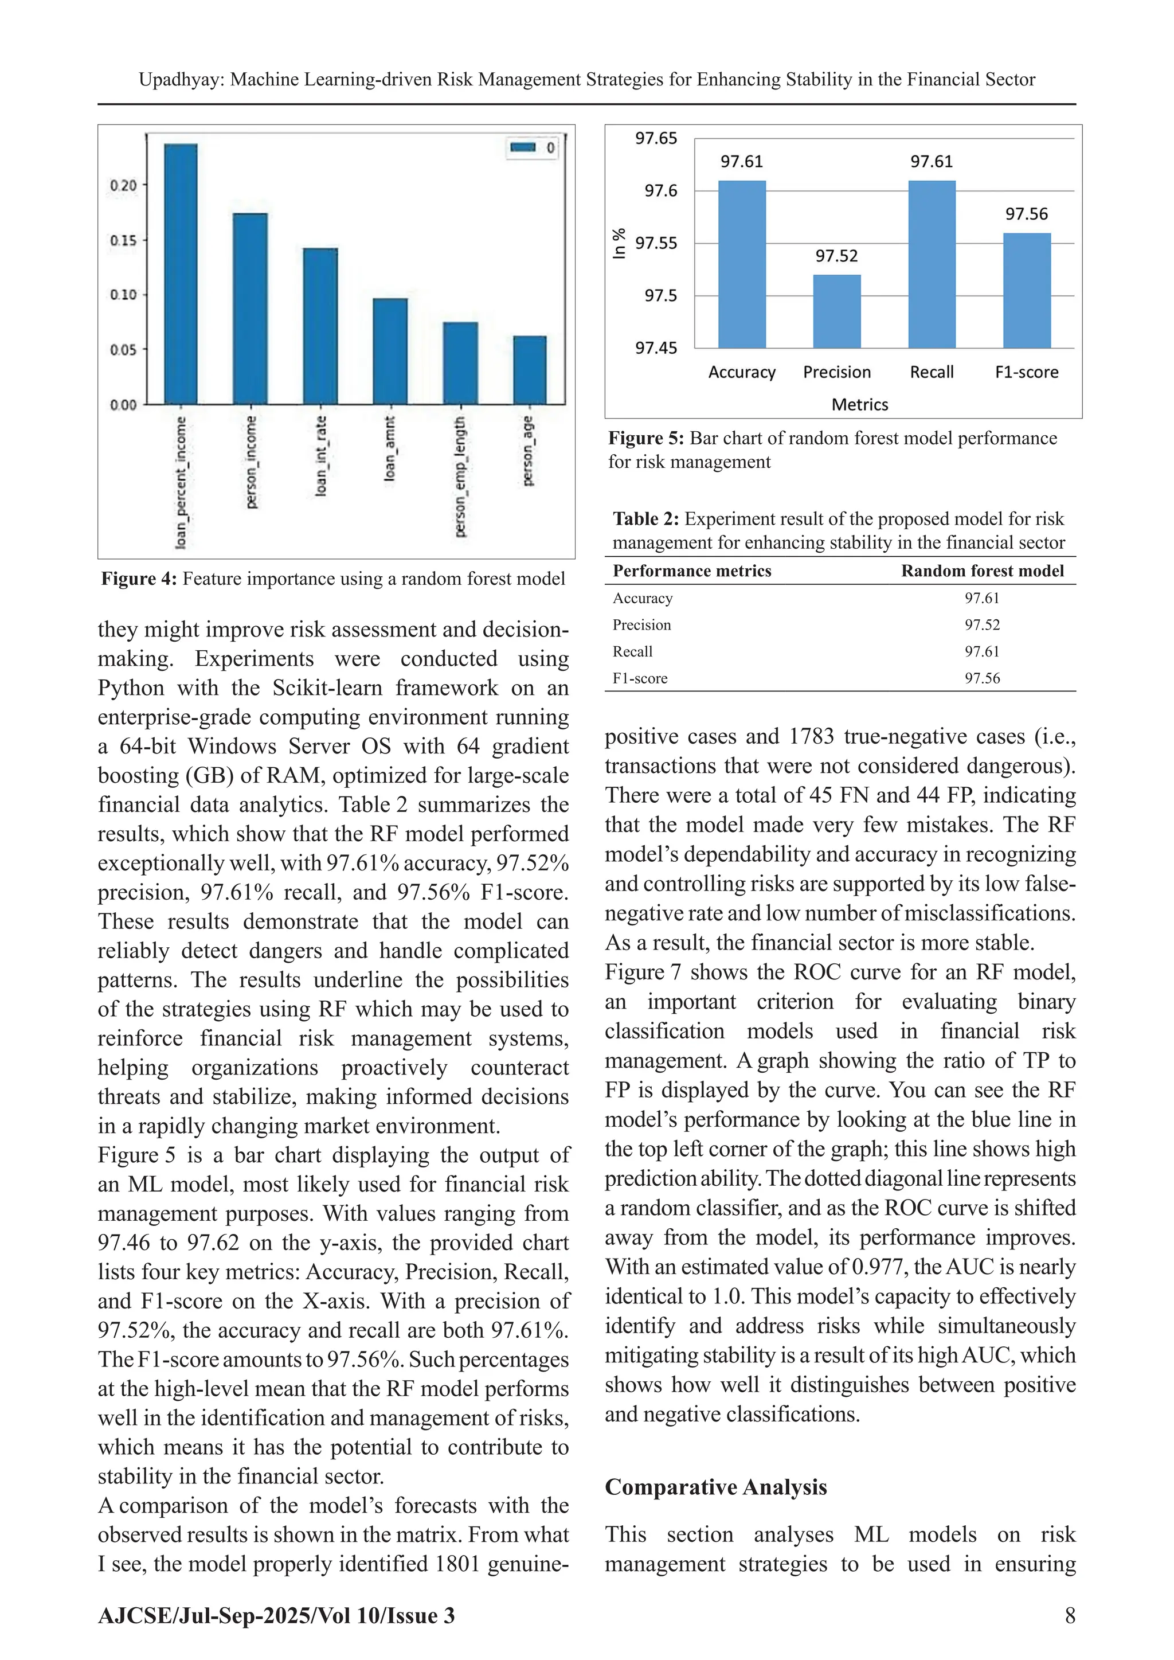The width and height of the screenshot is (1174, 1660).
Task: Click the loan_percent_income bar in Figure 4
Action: click(x=181, y=275)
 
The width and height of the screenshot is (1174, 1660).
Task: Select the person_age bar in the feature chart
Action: click(x=530, y=370)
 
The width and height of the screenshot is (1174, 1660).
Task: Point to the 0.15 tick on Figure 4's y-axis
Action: click(x=123, y=240)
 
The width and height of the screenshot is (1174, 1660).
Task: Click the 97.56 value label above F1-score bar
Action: click(x=1027, y=214)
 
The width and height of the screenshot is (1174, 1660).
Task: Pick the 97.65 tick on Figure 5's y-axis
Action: click(x=656, y=138)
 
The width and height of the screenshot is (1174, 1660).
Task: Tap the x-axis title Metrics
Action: click(x=859, y=405)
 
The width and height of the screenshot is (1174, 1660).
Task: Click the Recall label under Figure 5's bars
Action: click(x=932, y=372)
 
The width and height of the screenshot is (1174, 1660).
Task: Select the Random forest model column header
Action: click(x=982, y=571)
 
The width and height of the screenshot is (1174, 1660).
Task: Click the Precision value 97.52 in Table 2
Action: click(x=982, y=624)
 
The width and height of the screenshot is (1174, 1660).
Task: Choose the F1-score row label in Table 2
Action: click(x=640, y=678)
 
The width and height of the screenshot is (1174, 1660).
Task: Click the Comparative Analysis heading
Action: click(x=715, y=1487)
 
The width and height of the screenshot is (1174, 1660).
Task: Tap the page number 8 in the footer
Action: click(x=1070, y=1616)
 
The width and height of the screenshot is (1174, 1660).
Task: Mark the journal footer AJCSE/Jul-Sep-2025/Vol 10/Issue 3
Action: click(x=276, y=1616)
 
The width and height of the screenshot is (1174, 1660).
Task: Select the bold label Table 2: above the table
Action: click(x=645, y=519)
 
